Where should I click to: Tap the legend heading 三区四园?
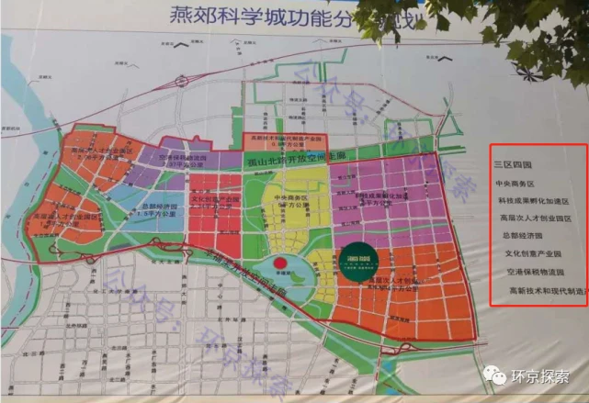(514, 165)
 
